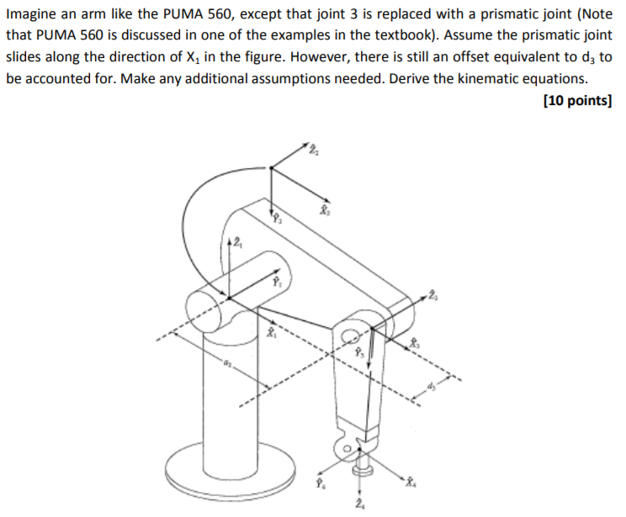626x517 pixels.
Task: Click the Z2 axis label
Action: [313, 150]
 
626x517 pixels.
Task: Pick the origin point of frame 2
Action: [271, 169]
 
